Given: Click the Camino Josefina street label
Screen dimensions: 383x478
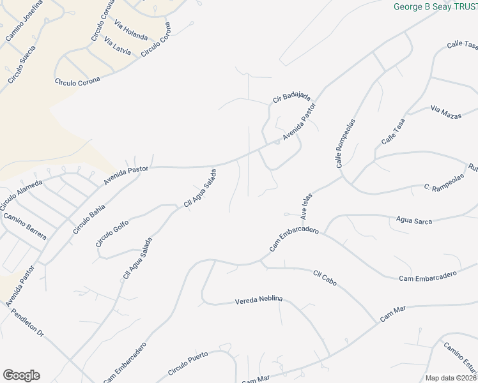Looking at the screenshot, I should click(x=24, y=22).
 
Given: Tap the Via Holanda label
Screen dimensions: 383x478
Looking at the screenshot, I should click(x=131, y=31).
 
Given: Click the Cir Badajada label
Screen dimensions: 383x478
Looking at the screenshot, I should click(x=291, y=97).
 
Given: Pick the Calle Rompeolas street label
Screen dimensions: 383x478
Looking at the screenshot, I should click(x=344, y=143).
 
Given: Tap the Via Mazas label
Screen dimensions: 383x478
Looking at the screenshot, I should click(x=445, y=112).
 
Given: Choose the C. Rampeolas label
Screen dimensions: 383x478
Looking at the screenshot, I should click(x=443, y=188).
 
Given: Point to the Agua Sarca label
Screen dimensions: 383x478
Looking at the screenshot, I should click(x=414, y=220).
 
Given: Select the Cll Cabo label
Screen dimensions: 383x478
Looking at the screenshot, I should click(x=325, y=278).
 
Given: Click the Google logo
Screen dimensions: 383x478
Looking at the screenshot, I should click(x=21, y=375).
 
